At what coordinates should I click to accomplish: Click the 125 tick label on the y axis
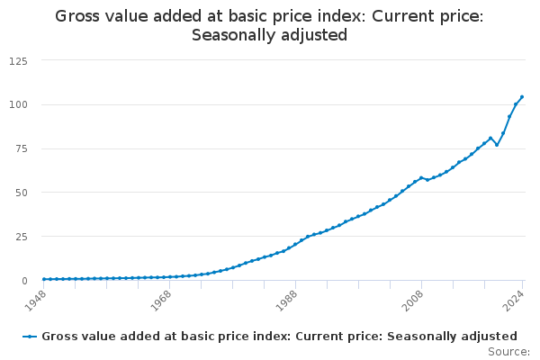[x=17, y=60]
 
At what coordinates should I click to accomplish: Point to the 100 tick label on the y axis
[x=17, y=104]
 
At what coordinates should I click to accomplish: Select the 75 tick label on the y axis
[x=20, y=148]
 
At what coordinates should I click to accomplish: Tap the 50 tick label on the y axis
[x=20, y=193]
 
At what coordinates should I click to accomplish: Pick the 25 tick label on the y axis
[x=20, y=237]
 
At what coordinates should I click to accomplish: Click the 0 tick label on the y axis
[x=23, y=281]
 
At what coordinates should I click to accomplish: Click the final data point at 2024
[x=522, y=97]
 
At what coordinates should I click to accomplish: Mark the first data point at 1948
[x=43, y=279]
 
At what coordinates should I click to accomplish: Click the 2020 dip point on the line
[x=497, y=145]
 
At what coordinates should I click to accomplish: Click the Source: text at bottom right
[x=508, y=352]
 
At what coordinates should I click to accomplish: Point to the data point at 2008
[x=421, y=178]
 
